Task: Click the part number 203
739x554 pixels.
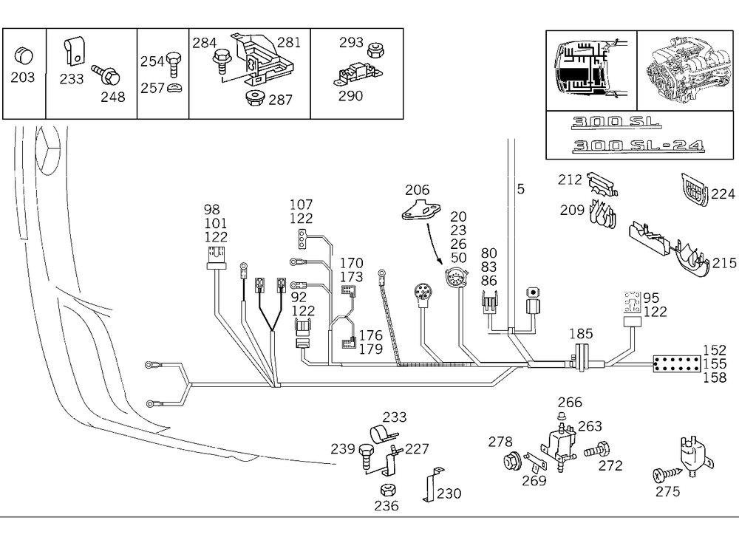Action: (x=23, y=77)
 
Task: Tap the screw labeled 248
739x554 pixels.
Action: (x=106, y=75)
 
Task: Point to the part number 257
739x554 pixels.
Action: (x=153, y=89)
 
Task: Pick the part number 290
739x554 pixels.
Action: (x=351, y=95)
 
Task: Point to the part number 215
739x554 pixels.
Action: (x=724, y=263)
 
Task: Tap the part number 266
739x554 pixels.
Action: (x=570, y=403)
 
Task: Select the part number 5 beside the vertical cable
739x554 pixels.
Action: (x=520, y=189)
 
